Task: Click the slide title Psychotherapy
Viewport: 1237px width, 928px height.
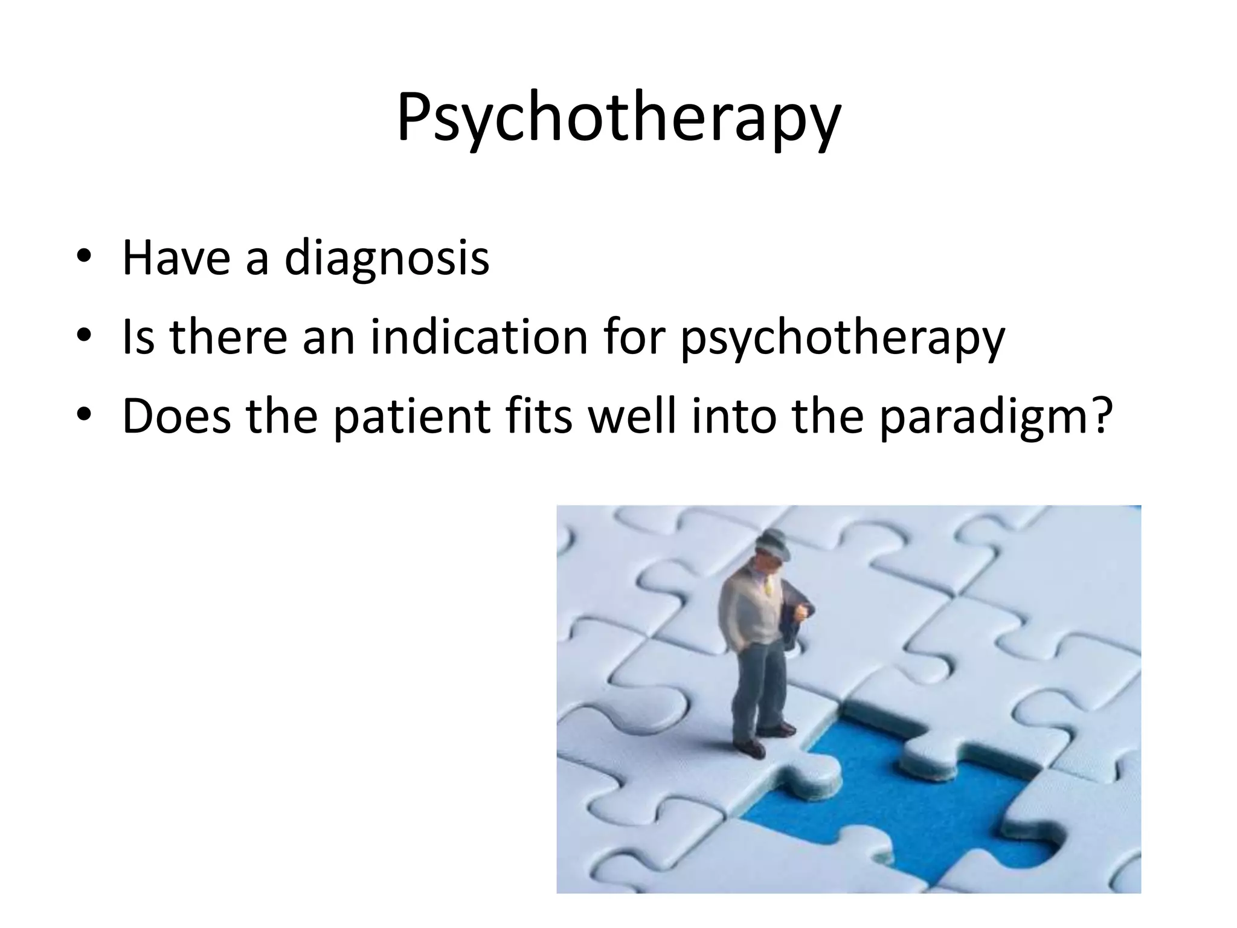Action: click(618, 118)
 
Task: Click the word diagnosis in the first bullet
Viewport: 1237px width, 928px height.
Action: click(387, 259)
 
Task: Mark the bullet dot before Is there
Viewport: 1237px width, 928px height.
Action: click(84, 339)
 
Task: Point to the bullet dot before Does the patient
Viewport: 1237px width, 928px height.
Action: click(84, 417)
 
